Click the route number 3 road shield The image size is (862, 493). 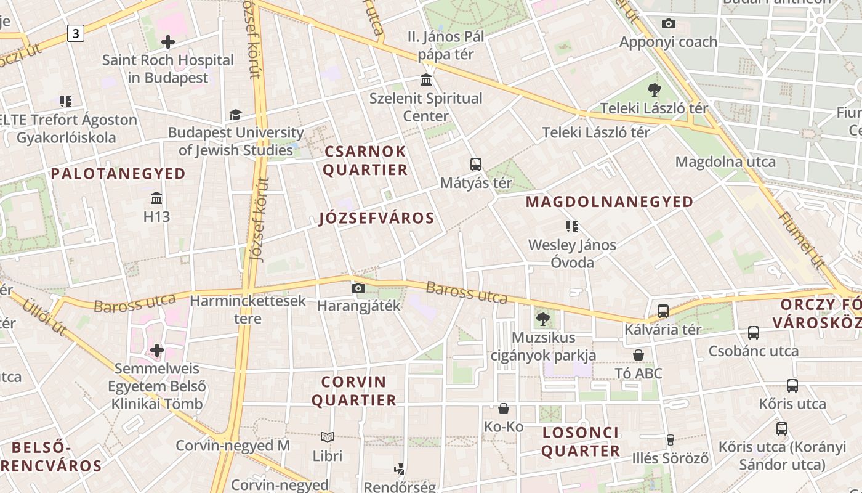(x=75, y=33)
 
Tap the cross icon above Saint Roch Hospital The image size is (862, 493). (x=167, y=42)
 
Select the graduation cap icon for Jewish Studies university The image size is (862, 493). (x=235, y=115)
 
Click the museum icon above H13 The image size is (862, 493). (x=156, y=198)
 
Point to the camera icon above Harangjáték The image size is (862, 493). (x=358, y=288)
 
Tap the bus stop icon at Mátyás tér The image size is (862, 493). (x=475, y=165)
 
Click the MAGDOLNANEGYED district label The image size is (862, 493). (x=609, y=202)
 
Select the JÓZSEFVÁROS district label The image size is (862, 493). (x=377, y=218)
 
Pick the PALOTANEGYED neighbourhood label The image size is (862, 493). (x=118, y=174)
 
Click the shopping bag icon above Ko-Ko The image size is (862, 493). (x=503, y=409)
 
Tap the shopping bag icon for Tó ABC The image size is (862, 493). (x=638, y=355)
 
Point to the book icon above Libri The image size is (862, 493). (x=328, y=438)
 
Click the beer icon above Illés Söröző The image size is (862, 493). (x=670, y=440)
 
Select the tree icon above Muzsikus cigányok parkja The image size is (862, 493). (x=542, y=319)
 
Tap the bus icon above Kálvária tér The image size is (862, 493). (x=663, y=311)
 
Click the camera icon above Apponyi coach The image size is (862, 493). (x=668, y=24)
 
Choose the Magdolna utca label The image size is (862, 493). (x=725, y=162)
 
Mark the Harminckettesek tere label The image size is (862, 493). (x=248, y=309)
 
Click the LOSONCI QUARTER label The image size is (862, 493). (x=581, y=442)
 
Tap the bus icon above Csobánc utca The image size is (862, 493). (x=753, y=333)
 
